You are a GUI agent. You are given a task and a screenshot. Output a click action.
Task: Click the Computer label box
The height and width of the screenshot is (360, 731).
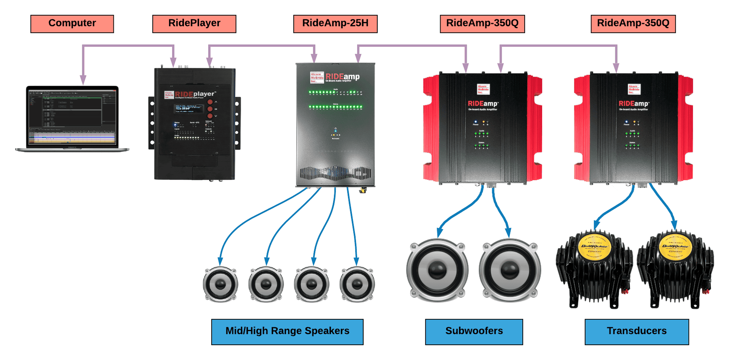(x=72, y=24)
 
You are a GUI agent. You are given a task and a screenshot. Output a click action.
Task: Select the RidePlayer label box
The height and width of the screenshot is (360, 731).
(x=194, y=24)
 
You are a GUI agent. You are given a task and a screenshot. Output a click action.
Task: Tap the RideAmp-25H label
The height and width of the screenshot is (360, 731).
(x=335, y=24)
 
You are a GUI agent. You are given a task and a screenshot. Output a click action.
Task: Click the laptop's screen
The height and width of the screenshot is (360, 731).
(x=72, y=116)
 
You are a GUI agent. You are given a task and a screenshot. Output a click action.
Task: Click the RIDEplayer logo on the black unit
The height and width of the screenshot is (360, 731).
(x=195, y=94)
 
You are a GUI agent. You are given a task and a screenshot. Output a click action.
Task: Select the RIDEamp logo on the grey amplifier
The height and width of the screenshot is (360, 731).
(x=342, y=77)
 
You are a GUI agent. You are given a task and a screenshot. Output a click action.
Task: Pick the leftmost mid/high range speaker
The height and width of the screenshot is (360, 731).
(x=220, y=284)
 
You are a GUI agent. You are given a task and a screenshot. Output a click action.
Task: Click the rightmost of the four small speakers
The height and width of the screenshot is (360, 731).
(x=357, y=284)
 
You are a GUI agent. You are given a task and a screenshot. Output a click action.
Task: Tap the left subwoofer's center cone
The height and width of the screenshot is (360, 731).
(x=437, y=270)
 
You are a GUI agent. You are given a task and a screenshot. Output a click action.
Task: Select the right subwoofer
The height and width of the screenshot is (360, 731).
(x=510, y=270)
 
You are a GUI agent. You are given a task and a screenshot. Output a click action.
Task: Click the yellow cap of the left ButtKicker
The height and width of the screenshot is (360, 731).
(x=595, y=246)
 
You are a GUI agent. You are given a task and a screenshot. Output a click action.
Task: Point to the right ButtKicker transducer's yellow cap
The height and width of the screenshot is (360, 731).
(x=675, y=246)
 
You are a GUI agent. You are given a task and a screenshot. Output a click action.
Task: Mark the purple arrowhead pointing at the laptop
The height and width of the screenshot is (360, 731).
(x=83, y=80)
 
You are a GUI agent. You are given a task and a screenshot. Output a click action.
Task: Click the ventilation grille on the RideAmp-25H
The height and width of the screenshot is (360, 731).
(x=335, y=173)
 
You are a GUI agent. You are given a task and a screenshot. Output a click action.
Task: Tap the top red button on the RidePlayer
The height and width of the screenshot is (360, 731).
(x=210, y=102)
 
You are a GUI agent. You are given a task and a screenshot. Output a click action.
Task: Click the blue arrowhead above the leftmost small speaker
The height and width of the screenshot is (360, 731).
(x=221, y=261)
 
